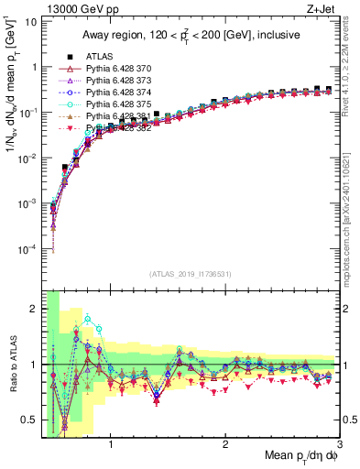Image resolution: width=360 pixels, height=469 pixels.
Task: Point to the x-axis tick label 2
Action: [x=225, y=445]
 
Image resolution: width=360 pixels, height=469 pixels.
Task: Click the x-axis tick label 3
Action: [x=339, y=445]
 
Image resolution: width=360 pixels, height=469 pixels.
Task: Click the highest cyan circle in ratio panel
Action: [x=88, y=319]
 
